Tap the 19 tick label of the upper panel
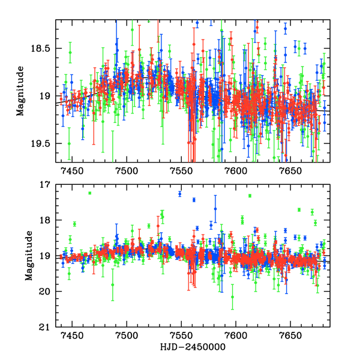[48, 96]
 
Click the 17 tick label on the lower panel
[48, 185]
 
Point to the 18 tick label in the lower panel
[48, 220]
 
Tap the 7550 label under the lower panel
[181, 337]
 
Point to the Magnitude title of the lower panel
[29, 256]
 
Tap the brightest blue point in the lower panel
[179, 193]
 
